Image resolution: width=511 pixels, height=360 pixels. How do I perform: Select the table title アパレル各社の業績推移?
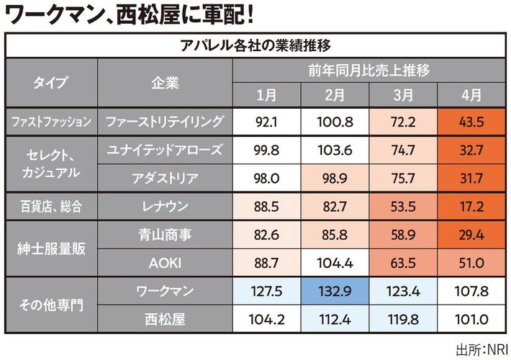click(x=255, y=45)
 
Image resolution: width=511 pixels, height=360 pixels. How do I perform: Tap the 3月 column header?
click(x=405, y=94)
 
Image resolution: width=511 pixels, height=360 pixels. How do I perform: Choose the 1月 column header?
click(x=266, y=94)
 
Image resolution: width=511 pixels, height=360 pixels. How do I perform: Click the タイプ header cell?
click(x=50, y=82)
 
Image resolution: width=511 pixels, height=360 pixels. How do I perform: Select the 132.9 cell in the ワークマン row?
click(x=335, y=292)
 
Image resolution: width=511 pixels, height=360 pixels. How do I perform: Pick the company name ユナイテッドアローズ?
click(x=164, y=150)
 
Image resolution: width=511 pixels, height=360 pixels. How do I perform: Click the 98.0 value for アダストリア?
click(x=266, y=179)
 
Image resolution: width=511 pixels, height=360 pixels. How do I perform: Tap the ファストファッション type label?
click(x=50, y=122)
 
